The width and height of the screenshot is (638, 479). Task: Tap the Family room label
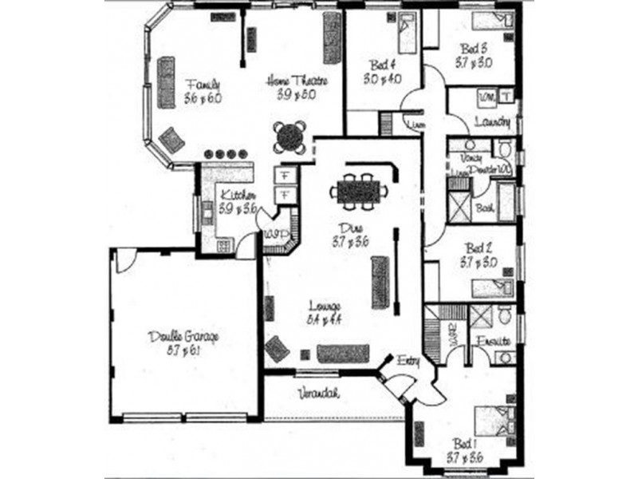click(199, 84)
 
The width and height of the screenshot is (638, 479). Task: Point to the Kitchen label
click(238, 196)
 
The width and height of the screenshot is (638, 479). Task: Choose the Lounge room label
click(325, 307)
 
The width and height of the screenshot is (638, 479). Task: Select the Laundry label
click(492, 122)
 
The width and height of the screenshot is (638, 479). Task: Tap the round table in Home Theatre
click(289, 137)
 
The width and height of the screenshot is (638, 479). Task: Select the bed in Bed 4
click(404, 31)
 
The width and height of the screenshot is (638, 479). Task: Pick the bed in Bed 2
click(493, 288)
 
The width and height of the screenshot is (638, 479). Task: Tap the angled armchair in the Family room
click(171, 139)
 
